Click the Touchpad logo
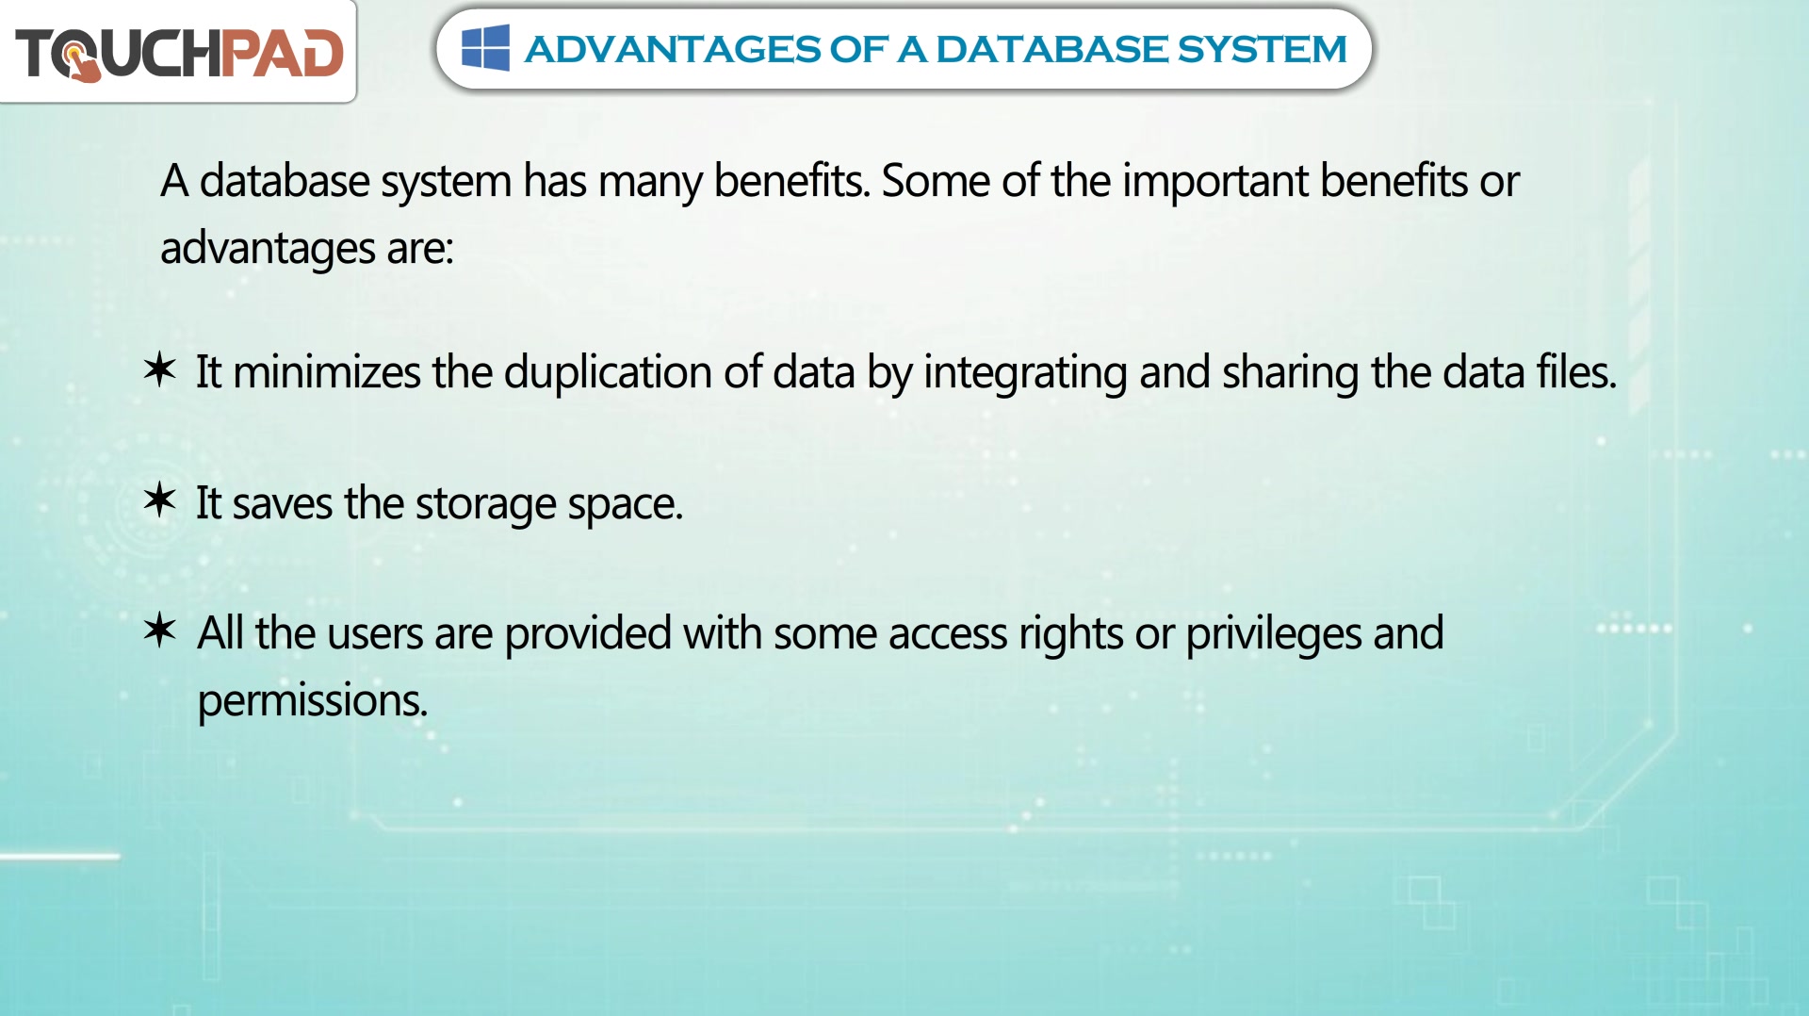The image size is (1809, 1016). click(179, 53)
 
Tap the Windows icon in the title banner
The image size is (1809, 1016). click(485, 48)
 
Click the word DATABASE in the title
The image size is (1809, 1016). click(1051, 49)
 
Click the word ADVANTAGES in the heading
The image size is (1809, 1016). click(673, 49)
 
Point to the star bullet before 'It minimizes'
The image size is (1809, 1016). click(160, 369)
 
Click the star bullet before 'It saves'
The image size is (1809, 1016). click(160, 500)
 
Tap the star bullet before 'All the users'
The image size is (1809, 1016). click(160, 630)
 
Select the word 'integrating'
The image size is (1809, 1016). click(1025, 374)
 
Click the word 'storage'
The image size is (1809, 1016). click(486, 505)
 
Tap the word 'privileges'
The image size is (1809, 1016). click(1273, 635)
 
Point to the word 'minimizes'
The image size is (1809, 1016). click(327, 372)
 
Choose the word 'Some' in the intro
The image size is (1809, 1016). click(936, 181)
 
